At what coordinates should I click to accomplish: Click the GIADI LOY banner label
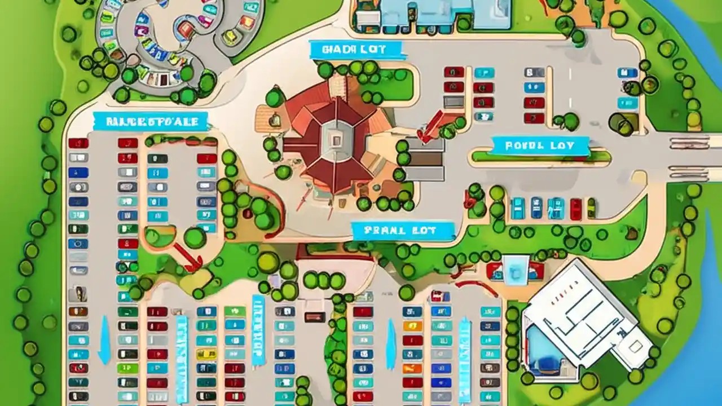pyautogui.click(x=357, y=50)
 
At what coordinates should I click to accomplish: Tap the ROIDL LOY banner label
pyautogui.click(x=540, y=145)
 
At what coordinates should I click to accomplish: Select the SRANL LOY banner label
pyautogui.click(x=402, y=230)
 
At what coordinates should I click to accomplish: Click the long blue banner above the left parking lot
pyautogui.click(x=150, y=121)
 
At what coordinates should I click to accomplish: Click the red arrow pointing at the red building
pyautogui.click(x=433, y=125)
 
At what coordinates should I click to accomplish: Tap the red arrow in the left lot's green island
pyautogui.click(x=188, y=257)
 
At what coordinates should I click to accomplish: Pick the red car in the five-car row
pyautogui.click(x=575, y=209)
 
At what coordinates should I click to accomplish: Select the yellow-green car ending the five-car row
pyautogui.click(x=591, y=208)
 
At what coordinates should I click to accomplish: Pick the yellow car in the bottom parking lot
pyautogui.click(x=412, y=326)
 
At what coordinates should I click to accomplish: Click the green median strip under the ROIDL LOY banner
pyautogui.click(x=540, y=157)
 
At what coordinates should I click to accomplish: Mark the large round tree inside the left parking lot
pyautogui.click(x=195, y=237)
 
